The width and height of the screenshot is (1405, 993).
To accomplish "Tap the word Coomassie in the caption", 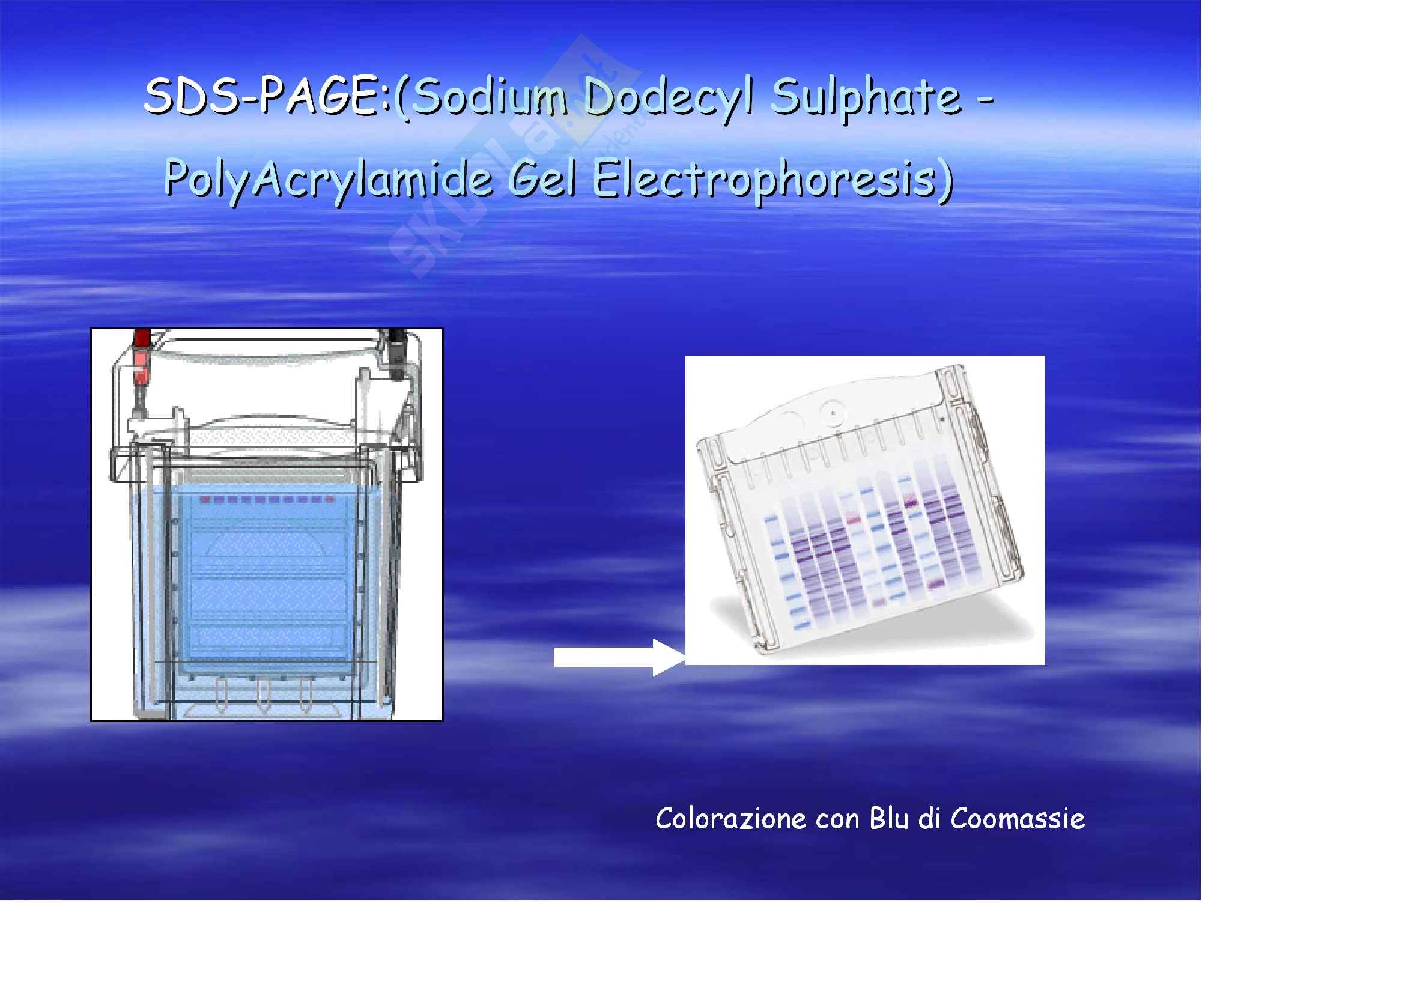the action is pyautogui.click(x=1018, y=819).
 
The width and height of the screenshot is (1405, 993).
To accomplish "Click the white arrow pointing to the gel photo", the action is pyautogui.click(x=619, y=658).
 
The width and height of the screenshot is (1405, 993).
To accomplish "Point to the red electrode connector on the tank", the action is pyautogui.click(x=141, y=361).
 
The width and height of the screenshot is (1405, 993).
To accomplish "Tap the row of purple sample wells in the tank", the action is pyautogui.click(x=267, y=500).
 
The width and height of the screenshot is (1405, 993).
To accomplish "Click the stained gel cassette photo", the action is pyautogui.click(x=864, y=509).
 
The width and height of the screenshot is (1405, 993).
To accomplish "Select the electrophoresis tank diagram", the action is pyautogui.click(x=267, y=524).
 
